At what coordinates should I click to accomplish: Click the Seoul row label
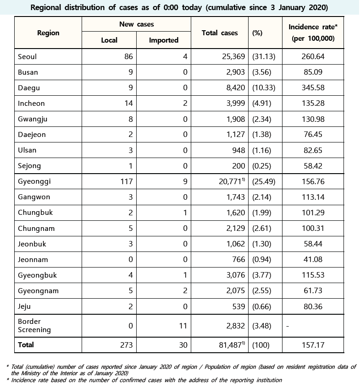point(27,57)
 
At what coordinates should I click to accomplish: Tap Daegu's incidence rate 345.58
point(312,88)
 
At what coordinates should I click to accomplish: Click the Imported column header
point(164,40)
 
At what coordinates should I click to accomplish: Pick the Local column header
point(109,40)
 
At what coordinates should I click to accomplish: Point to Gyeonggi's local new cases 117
point(126,181)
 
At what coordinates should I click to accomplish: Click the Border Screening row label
point(34,326)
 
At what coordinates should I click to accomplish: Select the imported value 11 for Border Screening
point(183,326)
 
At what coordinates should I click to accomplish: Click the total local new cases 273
point(126,345)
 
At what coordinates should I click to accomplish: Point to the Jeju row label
point(24,306)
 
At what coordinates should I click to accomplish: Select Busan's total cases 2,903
point(235,72)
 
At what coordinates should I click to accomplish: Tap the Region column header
point(48,33)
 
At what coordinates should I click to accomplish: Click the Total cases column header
point(220,33)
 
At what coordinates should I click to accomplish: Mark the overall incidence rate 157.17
point(312,345)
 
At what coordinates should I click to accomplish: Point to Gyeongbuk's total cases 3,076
point(235,275)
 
